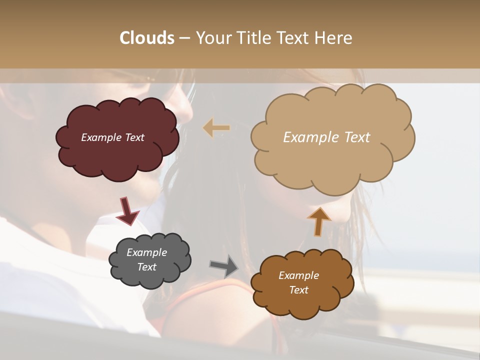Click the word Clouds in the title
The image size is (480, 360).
[x=147, y=38]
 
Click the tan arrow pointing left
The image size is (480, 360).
[x=216, y=128]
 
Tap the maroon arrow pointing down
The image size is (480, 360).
[x=127, y=211]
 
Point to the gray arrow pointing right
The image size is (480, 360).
[x=224, y=265]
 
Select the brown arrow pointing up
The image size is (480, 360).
[x=319, y=221]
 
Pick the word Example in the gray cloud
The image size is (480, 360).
[x=146, y=252]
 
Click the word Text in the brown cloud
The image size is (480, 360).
[x=298, y=290]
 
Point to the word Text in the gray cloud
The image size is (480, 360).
[x=146, y=267]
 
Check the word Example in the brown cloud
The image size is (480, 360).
[x=298, y=275]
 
